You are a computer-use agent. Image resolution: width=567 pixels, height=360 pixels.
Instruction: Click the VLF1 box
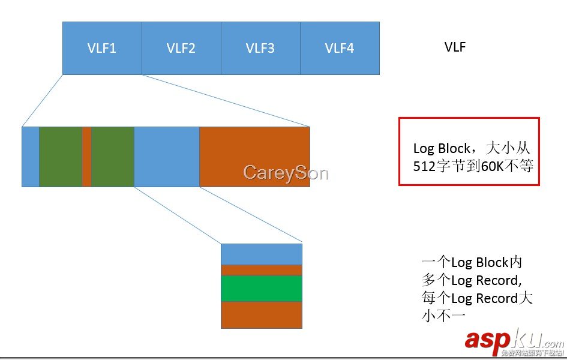pos(102,49)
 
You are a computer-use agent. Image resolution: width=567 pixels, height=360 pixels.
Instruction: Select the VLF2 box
pos(181,49)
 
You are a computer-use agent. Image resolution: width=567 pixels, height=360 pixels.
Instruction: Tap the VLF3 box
pos(260,49)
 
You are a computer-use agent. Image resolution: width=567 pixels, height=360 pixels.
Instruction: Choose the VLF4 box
pos(340,49)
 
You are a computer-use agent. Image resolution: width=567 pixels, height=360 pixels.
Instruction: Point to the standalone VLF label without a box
pos(455,47)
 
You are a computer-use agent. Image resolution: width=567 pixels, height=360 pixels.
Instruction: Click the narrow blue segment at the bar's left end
pos(31,157)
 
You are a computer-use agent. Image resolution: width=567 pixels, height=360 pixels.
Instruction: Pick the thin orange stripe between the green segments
pos(86,157)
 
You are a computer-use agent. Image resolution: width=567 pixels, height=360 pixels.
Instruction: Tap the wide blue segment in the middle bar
pos(167,157)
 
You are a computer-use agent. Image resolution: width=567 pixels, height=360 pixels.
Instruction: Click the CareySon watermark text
pos(286,173)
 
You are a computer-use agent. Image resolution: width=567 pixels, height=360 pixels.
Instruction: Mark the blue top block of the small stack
pos(262,254)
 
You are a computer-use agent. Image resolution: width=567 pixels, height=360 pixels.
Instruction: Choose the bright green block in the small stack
pos(262,288)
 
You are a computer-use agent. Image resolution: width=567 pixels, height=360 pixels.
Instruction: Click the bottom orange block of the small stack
pos(262,314)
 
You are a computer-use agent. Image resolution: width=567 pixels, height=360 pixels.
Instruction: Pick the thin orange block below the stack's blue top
pos(262,270)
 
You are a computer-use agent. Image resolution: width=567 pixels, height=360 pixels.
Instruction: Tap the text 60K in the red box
pos(491,166)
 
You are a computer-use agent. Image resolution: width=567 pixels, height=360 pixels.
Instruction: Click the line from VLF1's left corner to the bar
pos(42,101)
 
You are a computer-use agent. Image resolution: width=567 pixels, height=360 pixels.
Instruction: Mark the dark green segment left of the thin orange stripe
pos(61,157)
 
